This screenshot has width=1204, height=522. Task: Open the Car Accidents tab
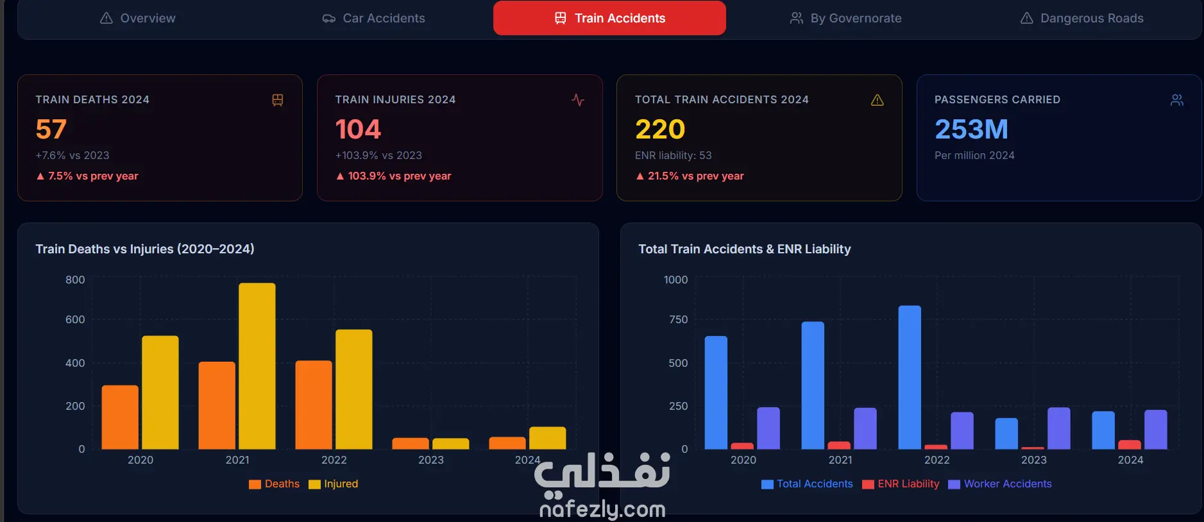(x=373, y=18)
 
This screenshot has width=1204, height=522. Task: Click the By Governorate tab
(x=845, y=18)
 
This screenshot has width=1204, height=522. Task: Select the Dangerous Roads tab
(x=1081, y=18)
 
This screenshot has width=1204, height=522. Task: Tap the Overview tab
(x=137, y=18)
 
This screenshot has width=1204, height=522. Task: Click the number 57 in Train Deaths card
(x=51, y=129)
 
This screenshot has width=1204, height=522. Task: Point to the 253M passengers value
(x=971, y=129)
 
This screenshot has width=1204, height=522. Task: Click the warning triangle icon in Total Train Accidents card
(x=878, y=100)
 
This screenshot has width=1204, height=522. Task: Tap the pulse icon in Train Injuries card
(x=578, y=100)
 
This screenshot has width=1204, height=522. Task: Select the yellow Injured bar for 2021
(x=257, y=366)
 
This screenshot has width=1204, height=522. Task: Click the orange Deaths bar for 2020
(x=120, y=417)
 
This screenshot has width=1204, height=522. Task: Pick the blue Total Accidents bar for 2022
(x=910, y=378)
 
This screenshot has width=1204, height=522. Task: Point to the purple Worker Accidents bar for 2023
(x=1059, y=428)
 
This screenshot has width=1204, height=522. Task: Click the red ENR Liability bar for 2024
(x=1130, y=444)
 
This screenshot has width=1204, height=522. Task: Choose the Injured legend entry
(x=334, y=484)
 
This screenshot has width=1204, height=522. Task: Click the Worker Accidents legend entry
(x=1000, y=484)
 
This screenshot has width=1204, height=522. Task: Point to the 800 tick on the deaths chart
(x=75, y=280)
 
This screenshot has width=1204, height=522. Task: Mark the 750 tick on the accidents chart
(x=678, y=319)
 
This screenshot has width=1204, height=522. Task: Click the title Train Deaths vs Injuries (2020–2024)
(x=145, y=249)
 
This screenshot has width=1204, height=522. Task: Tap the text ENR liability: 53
(x=674, y=155)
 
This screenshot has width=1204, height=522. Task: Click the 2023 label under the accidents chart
(x=1034, y=460)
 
